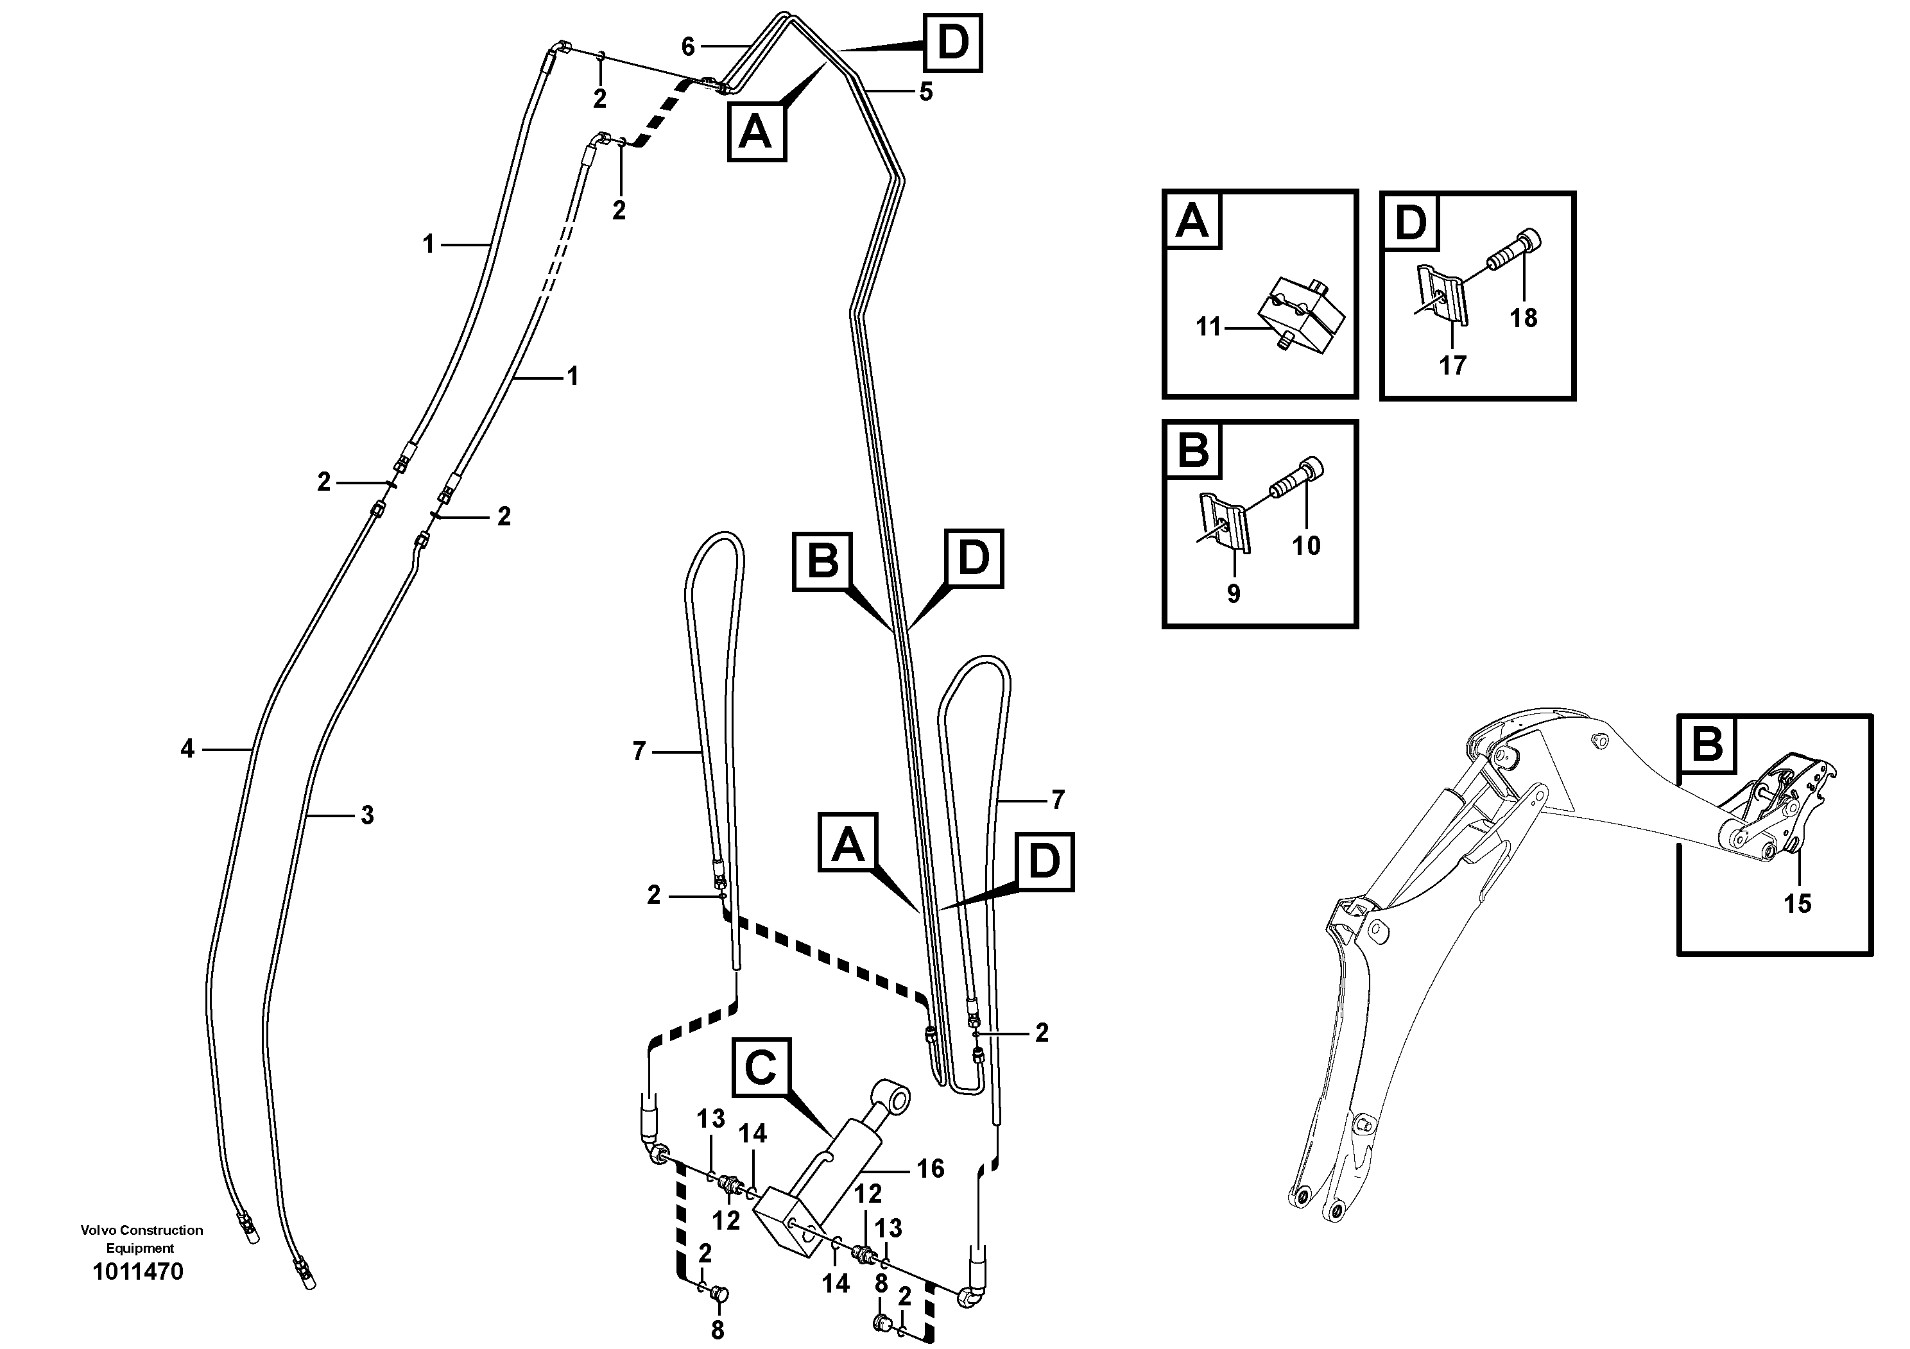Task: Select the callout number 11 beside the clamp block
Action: point(1208,327)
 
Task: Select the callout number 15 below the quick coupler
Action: point(1798,904)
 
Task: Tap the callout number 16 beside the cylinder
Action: point(930,1169)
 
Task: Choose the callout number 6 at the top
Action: point(687,47)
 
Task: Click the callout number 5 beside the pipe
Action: point(926,92)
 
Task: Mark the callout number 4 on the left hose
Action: point(187,749)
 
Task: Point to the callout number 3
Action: point(367,815)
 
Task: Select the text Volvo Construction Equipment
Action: point(141,1239)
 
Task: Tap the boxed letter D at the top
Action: point(952,43)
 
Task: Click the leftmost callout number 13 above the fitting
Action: point(710,1119)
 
